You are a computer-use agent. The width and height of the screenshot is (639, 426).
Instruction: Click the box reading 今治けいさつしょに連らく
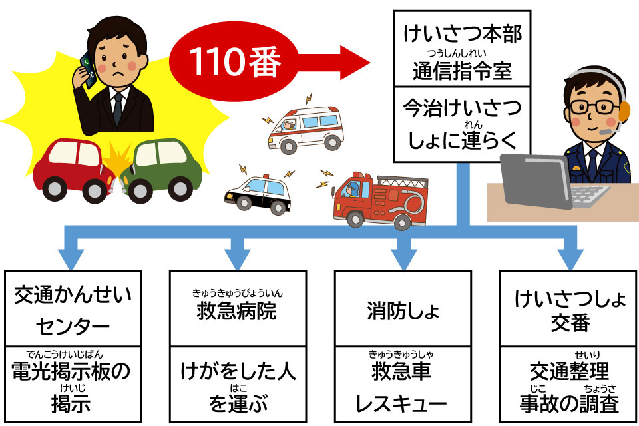[462, 124]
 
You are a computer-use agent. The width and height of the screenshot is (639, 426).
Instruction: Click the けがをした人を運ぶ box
[237, 385]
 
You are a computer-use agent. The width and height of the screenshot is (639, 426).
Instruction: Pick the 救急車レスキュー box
[401, 385]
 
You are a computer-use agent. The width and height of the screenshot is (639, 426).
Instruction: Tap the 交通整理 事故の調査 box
[566, 385]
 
